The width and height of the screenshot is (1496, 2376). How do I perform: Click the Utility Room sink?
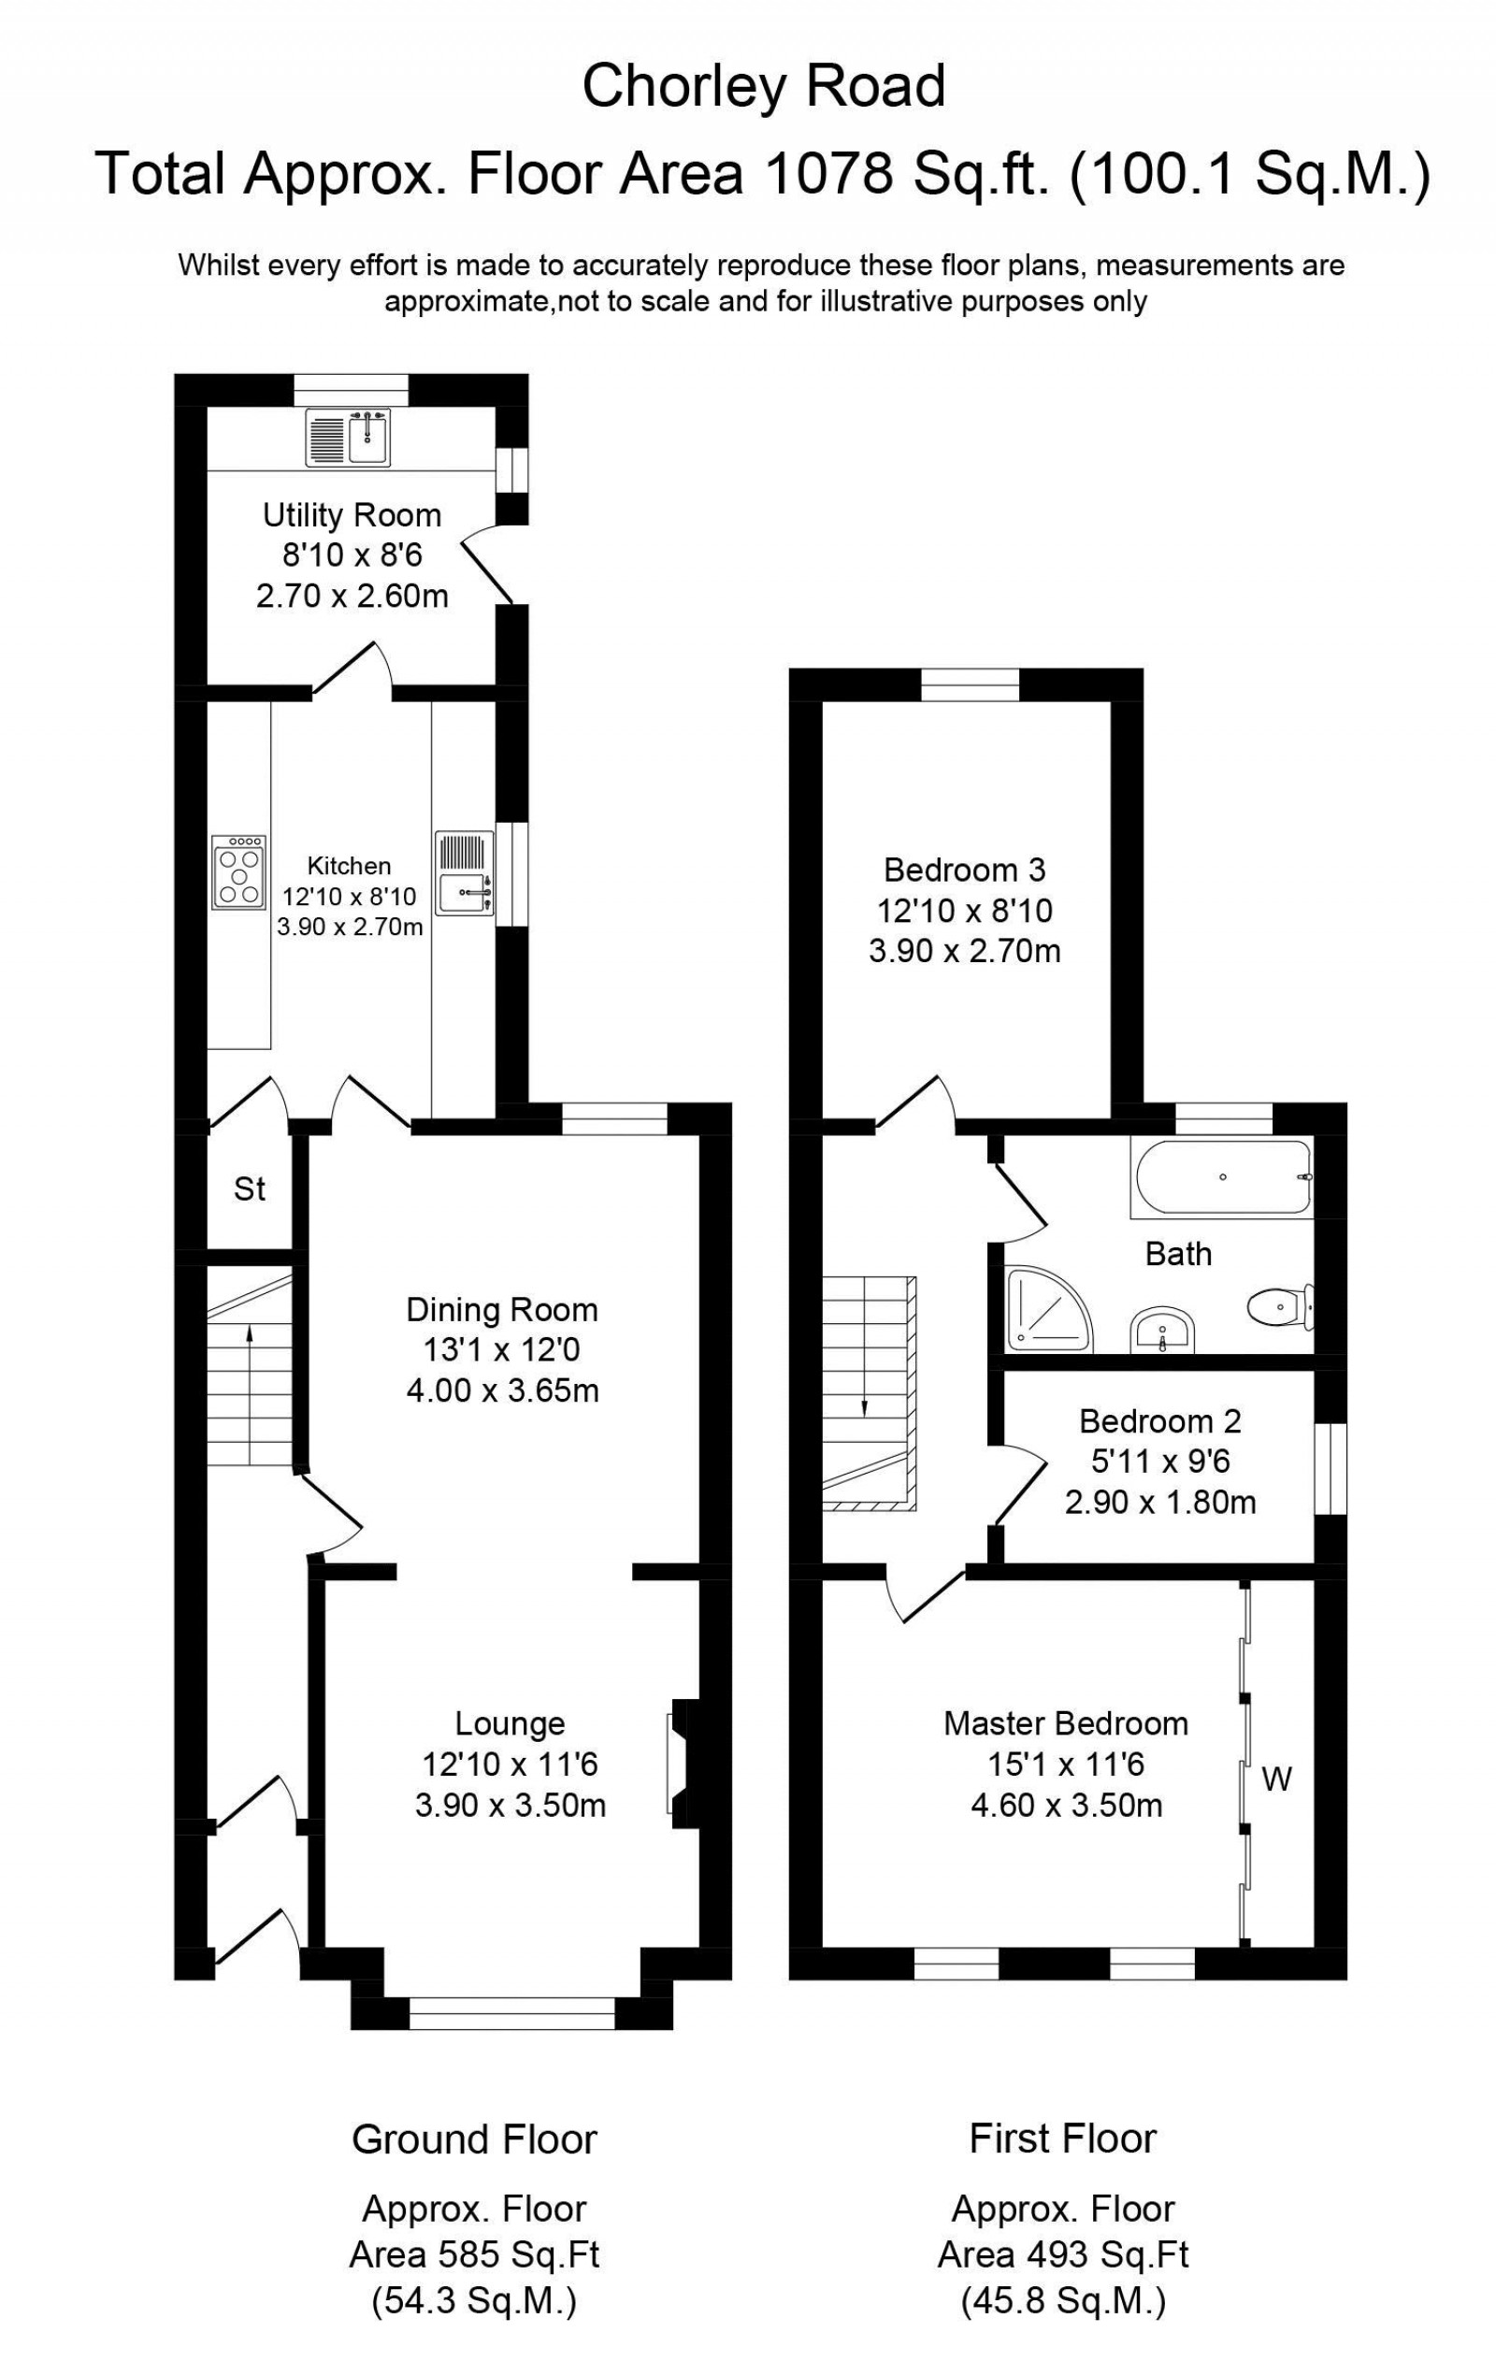(x=350, y=436)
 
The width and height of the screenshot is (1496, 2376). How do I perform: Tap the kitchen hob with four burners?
(x=238, y=872)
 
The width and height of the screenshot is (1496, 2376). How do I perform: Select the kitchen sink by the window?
(x=465, y=875)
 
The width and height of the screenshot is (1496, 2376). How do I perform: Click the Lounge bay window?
(x=511, y=2013)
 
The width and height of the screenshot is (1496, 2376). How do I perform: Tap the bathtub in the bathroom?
(x=1222, y=1177)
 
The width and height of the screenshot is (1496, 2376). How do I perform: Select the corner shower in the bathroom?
(x=1048, y=1309)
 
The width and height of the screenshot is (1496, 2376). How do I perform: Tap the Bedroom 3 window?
(x=969, y=684)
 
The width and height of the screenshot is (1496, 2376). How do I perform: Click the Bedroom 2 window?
(x=1331, y=1468)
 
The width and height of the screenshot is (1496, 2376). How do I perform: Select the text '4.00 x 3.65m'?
(x=502, y=1390)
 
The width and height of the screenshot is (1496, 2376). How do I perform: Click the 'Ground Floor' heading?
(x=475, y=2139)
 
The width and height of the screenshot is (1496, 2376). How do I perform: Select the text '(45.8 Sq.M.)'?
(x=1063, y=2301)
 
